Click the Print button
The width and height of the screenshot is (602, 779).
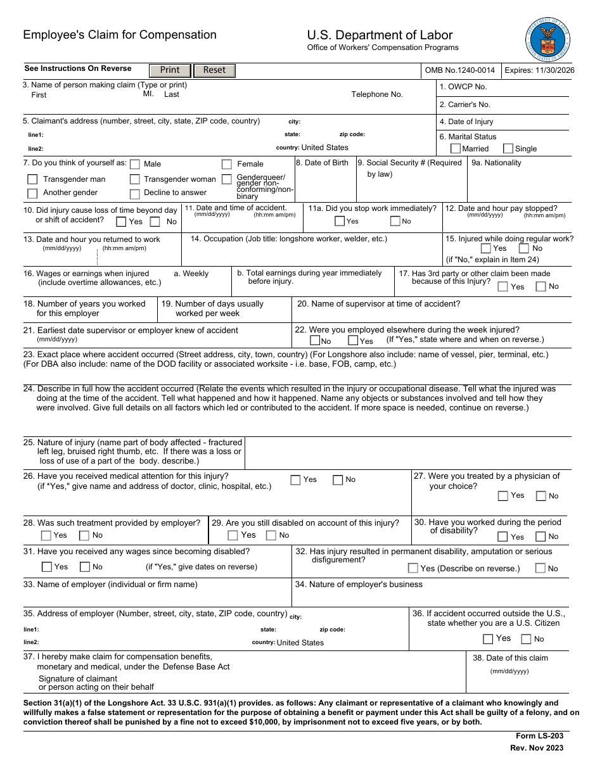170,70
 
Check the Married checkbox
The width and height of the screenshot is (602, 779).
455,149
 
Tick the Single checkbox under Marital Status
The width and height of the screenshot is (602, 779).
508,149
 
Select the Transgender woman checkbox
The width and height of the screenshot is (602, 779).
134,180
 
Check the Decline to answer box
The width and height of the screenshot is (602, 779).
134,194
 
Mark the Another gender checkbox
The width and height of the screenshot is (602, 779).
32,193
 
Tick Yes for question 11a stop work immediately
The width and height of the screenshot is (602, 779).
340,221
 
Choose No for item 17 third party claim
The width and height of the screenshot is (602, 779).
541,286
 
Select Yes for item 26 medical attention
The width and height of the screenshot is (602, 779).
295,480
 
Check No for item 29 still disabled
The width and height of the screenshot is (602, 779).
271,536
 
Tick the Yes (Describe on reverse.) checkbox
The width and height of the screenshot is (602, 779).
413,569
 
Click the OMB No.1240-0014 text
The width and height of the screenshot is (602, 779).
460,70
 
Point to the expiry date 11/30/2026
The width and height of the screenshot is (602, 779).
539,70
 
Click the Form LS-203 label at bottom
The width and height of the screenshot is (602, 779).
540,736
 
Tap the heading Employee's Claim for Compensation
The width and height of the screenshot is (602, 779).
120,35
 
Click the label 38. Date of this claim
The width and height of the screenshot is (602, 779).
510,658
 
